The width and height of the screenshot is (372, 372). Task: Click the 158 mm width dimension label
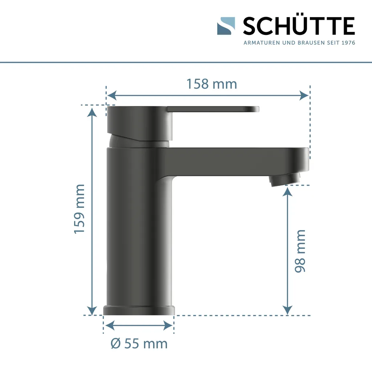pos(211,84)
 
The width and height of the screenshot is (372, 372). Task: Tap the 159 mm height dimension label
pos(80,209)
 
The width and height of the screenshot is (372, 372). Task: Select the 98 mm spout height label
pos(300,251)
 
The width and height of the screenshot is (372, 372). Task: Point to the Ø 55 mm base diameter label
pos(139,343)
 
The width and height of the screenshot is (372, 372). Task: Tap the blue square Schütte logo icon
pos(226,26)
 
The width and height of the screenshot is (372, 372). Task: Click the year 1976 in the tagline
pos(348,43)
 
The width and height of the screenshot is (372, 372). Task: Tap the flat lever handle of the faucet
pos(214,109)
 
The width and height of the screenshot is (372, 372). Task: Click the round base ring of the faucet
pos(139,310)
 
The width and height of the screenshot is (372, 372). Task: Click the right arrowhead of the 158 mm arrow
pos(304,96)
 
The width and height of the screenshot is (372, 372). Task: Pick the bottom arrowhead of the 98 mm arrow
pos(287,310)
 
